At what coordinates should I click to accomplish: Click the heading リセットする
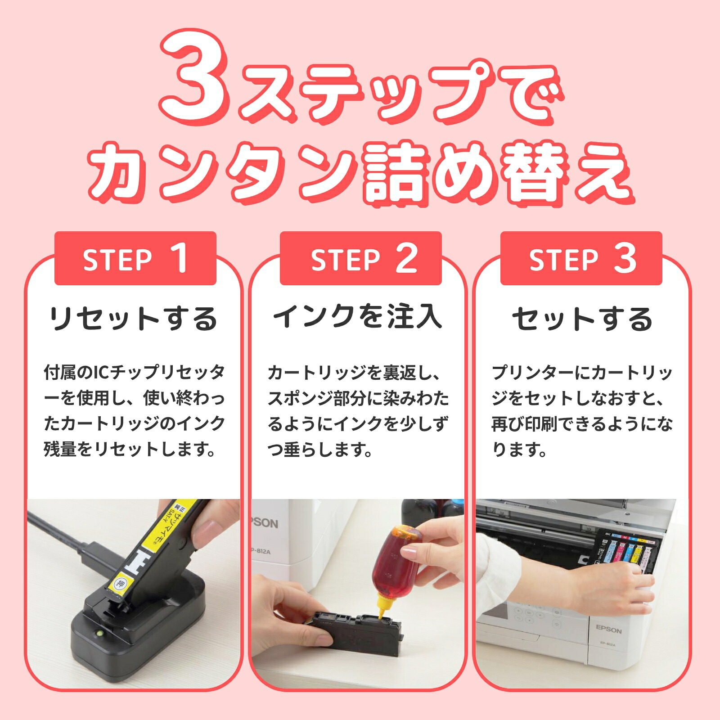133,319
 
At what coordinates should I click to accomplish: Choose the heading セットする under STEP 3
582,319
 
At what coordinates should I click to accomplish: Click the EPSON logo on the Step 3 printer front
608,629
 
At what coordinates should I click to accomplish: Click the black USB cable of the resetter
72,540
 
